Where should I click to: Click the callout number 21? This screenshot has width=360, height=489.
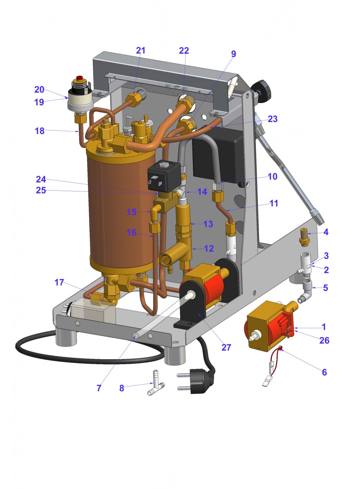pos(140,51)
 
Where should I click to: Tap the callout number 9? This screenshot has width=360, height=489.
pos(234,54)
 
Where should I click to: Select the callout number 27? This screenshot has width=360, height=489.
pos(226,347)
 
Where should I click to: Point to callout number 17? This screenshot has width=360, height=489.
pos(59,282)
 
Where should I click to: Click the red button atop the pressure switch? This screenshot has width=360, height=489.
pos(79,78)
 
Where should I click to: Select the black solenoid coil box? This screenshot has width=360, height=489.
pos(164,176)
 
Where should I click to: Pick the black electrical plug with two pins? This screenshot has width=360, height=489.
pos(196,381)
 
